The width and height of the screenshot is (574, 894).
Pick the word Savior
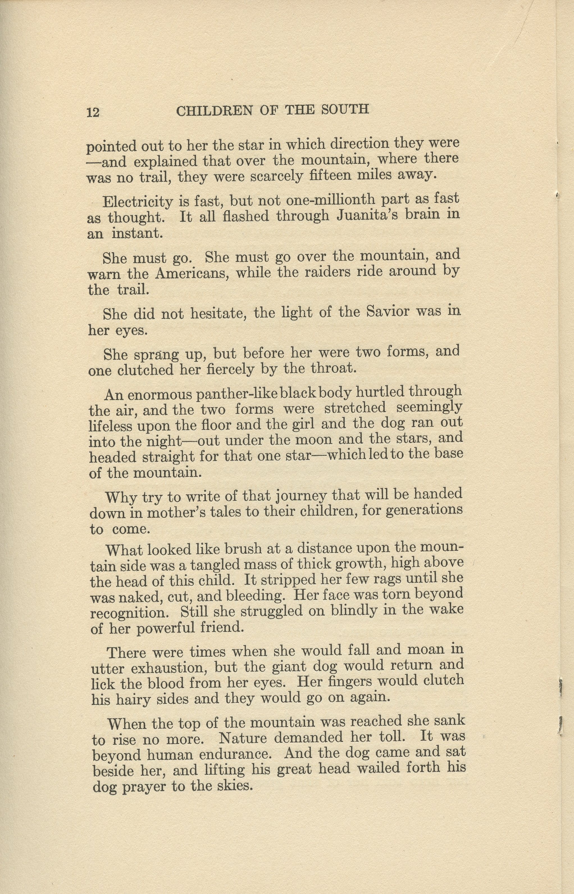(x=388, y=311)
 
